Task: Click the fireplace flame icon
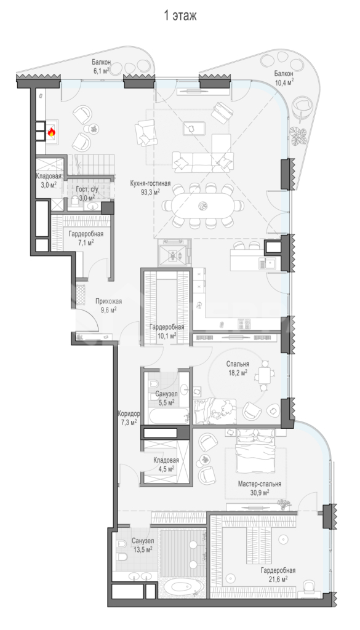[52, 132]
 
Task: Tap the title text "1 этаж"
[180, 16]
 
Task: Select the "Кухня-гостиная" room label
[150, 183]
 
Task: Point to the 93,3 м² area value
[151, 192]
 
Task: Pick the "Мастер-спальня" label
[259, 484]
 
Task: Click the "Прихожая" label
[108, 301]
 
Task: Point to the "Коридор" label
[129, 413]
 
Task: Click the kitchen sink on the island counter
[268, 263]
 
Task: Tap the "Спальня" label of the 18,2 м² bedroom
[238, 364]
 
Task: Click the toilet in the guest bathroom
[74, 202]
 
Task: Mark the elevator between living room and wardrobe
[173, 252]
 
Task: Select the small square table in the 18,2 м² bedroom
[264, 377]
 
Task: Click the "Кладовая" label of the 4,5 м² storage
[166, 461]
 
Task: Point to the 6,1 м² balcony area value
[100, 70]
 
